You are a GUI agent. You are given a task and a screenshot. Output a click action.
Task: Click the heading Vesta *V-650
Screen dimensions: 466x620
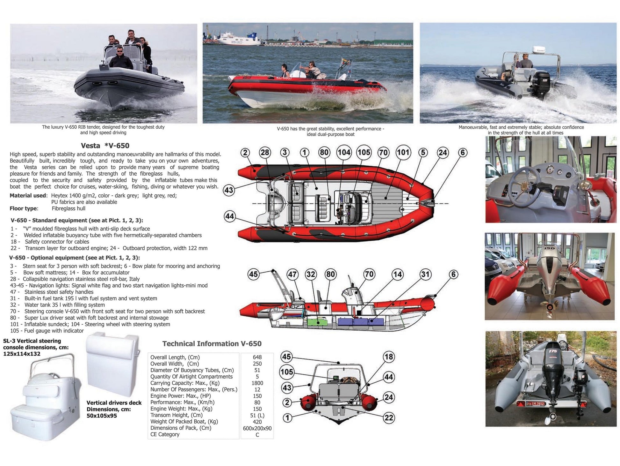[105, 146]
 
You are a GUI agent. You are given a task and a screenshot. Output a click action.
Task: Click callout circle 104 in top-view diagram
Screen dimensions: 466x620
[344, 153]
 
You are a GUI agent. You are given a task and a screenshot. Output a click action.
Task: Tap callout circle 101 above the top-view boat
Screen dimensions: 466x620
[403, 152]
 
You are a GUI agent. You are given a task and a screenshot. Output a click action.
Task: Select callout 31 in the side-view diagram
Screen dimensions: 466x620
[425, 274]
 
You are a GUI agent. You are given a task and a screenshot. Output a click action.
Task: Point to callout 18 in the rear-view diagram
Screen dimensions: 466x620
[388, 357]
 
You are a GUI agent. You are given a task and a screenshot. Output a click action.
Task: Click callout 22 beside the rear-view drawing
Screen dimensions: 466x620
[389, 417]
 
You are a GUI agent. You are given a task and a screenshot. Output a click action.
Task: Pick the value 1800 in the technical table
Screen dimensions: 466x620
[257, 383]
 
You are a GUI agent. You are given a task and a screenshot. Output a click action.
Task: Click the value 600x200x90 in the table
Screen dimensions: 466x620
[257, 428]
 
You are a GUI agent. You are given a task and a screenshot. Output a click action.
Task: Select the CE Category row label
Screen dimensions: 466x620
[165, 434]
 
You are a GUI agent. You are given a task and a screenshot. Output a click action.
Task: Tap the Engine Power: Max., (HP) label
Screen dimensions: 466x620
[180, 396]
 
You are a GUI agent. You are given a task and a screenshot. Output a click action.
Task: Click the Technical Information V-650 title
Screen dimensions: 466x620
[212, 344]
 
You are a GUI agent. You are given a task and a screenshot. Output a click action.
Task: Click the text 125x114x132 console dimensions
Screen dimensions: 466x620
[22, 354]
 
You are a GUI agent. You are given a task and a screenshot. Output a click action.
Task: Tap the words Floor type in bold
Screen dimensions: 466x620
[24, 209]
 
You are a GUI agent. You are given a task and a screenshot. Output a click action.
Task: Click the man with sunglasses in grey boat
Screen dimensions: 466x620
[120, 58]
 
